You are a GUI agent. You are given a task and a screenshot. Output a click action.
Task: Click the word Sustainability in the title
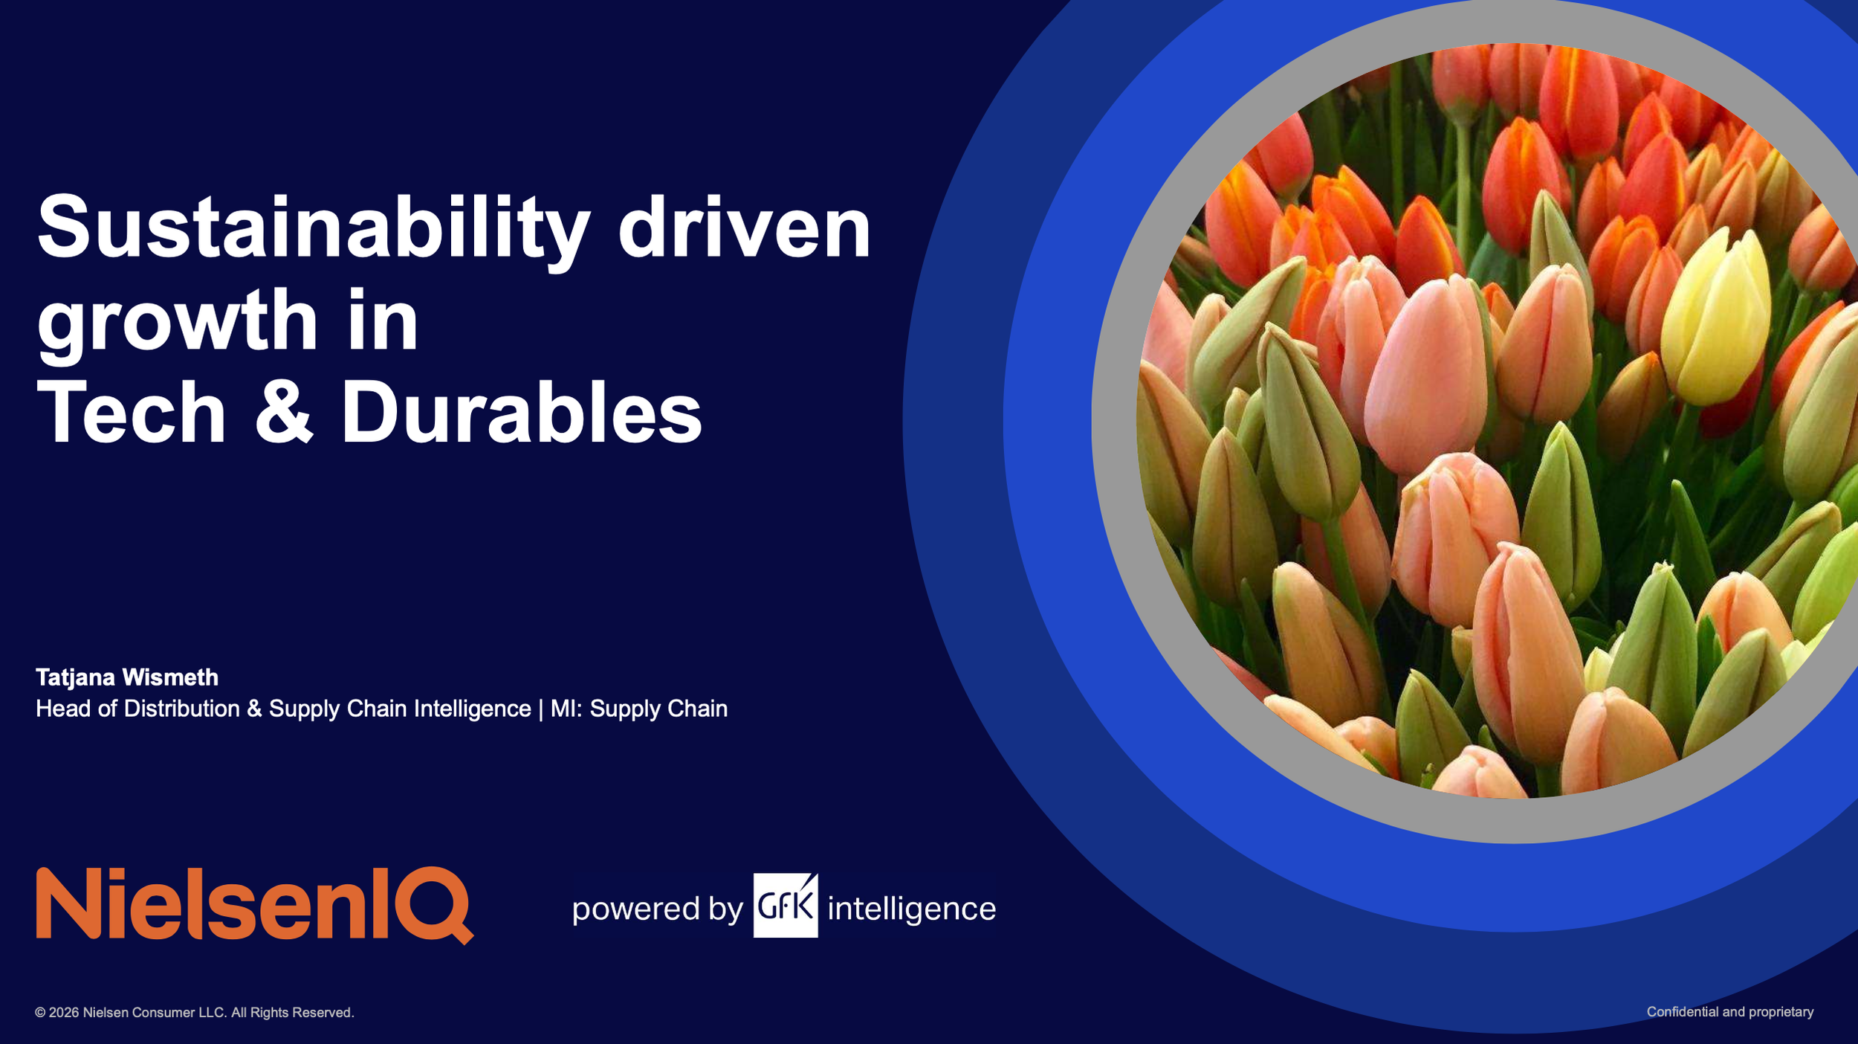point(312,227)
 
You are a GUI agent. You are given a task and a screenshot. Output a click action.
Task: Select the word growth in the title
point(177,322)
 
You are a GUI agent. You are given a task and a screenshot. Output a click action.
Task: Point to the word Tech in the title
point(131,413)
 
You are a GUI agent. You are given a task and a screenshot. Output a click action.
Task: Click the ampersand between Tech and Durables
point(283,413)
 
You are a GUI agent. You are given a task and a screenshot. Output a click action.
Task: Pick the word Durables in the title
point(521,413)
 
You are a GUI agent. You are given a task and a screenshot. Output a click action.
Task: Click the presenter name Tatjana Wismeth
point(127,677)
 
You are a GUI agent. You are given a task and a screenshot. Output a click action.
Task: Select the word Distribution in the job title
point(181,709)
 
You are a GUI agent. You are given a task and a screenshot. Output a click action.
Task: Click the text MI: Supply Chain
point(638,709)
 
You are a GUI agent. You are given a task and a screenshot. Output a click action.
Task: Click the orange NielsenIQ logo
point(254,904)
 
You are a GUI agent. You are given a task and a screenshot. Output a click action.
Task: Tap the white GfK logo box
point(785,906)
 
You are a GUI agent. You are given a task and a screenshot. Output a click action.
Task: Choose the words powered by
point(657,909)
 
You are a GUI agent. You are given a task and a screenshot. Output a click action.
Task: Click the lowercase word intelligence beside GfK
point(911,909)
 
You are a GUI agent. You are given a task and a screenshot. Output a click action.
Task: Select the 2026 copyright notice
point(194,1013)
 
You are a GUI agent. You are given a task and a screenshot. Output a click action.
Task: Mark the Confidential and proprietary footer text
point(1730,1012)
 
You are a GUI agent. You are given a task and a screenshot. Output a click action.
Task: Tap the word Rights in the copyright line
point(268,1013)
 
